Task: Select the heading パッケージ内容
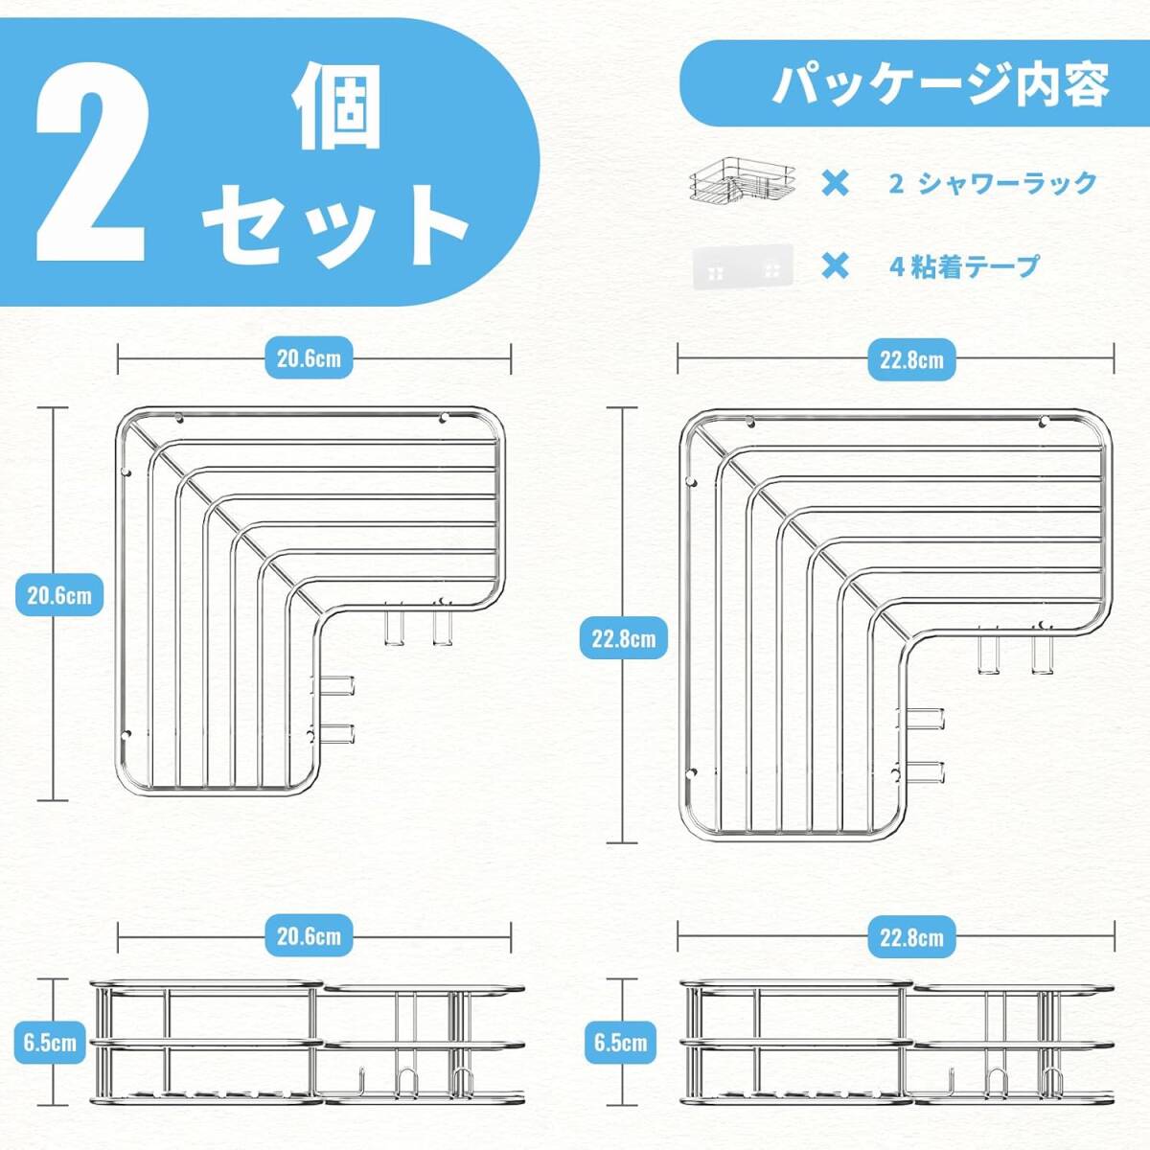click(940, 83)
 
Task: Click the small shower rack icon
click(743, 179)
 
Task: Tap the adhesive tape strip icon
click(743, 266)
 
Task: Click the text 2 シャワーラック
click(993, 183)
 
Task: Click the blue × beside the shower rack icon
click(835, 183)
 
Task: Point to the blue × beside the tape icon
click(835, 266)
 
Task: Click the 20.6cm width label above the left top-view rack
click(309, 358)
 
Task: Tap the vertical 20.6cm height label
click(59, 595)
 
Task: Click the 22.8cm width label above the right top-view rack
click(911, 360)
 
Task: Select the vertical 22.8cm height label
click(624, 638)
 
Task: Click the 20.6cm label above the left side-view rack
click(309, 936)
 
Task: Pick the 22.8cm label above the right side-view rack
click(911, 937)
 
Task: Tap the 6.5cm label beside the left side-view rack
click(50, 1043)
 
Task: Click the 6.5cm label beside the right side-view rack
click(620, 1043)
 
